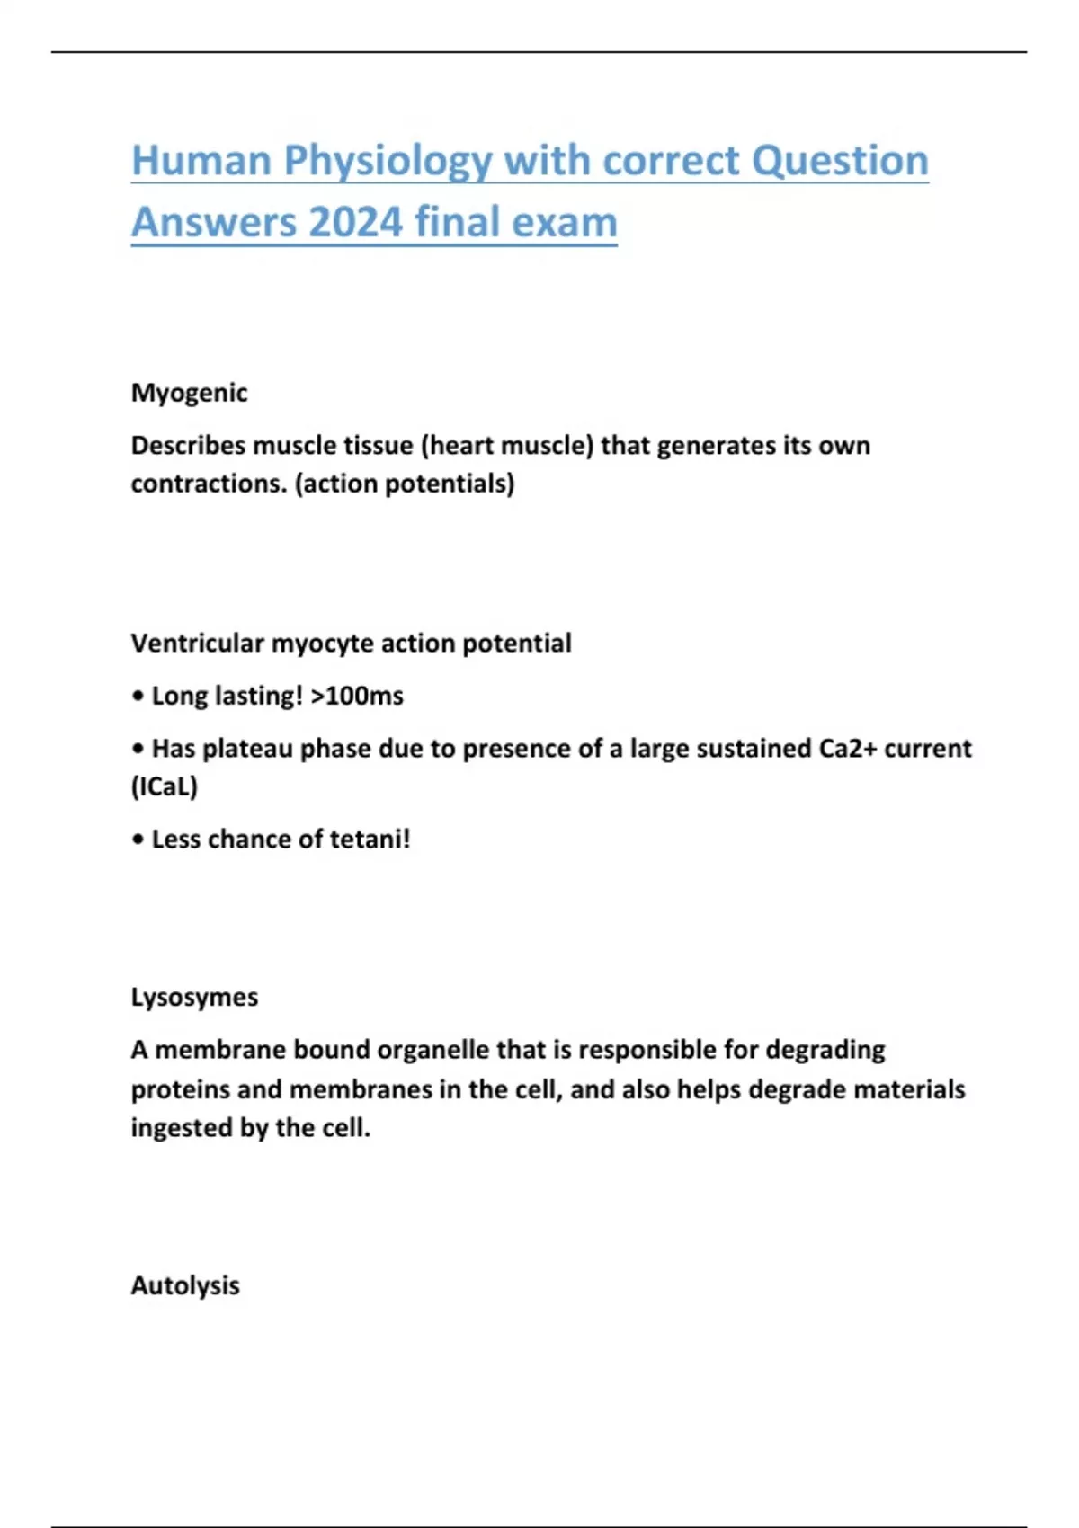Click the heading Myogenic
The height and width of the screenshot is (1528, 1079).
tap(189, 393)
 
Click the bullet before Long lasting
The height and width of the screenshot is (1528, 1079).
tap(138, 697)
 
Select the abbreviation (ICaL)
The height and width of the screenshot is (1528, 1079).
tap(165, 787)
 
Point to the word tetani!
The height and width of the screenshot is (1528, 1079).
tap(370, 840)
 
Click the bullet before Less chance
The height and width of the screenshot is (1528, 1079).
tap(138, 840)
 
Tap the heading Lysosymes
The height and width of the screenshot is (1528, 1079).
tap(194, 998)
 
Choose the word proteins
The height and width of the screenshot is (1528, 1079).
tap(181, 1089)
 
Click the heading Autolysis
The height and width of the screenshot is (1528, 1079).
tap(185, 1285)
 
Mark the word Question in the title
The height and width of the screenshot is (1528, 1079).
tap(839, 162)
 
